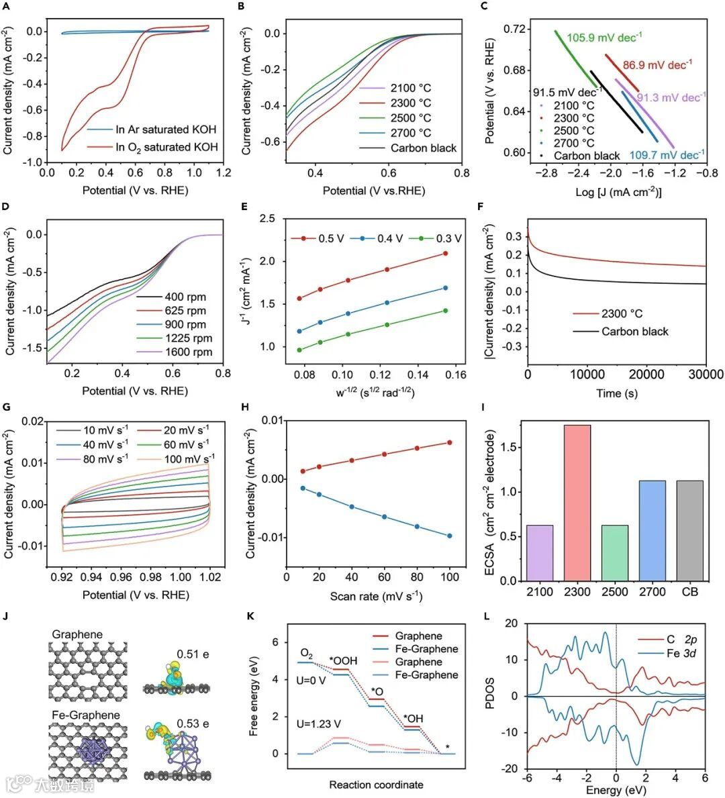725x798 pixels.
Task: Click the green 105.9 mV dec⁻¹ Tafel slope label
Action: [604, 38]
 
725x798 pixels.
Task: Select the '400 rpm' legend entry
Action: [185, 297]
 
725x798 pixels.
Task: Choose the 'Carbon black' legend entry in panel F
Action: [634, 331]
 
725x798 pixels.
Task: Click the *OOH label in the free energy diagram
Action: [343, 661]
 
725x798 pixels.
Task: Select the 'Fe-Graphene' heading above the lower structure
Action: [86, 715]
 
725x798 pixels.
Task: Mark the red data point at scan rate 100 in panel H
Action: [450, 442]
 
